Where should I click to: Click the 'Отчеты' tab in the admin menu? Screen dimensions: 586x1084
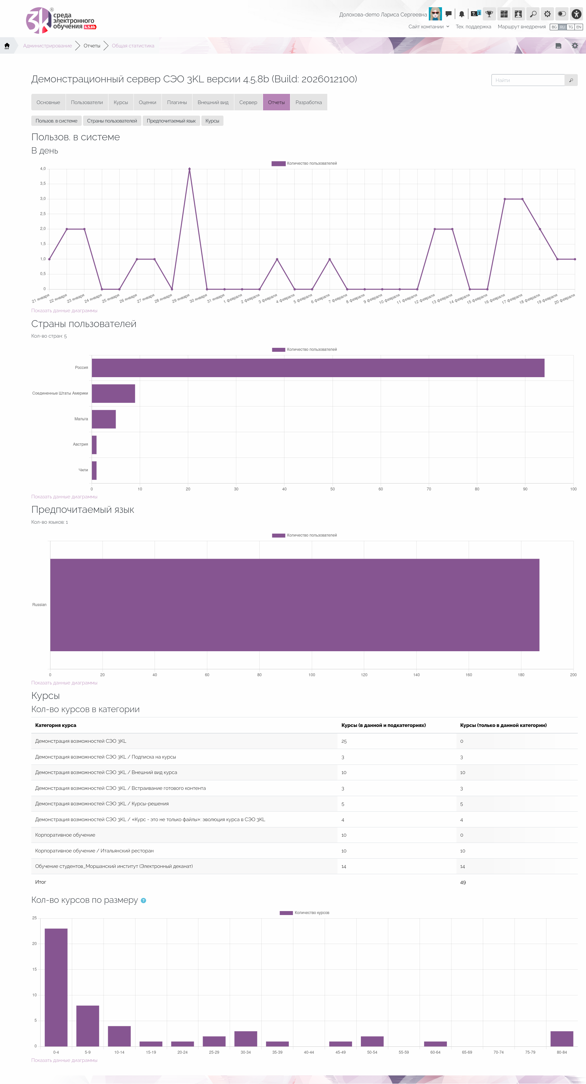point(276,102)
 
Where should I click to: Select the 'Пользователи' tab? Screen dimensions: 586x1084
point(87,102)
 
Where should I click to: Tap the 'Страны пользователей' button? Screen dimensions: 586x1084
point(112,121)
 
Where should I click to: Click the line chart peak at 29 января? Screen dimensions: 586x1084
point(190,169)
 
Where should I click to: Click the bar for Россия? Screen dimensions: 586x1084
point(318,368)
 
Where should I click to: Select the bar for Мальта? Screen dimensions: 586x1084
point(103,419)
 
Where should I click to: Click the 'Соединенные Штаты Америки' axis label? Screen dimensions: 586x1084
point(60,393)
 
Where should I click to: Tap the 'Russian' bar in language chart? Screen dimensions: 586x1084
point(295,605)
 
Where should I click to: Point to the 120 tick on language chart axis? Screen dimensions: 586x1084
point(364,675)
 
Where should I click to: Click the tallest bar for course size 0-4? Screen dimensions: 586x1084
point(56,987)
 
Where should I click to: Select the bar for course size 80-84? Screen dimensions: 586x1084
point(562,1039)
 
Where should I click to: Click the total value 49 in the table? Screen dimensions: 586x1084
point(463,882)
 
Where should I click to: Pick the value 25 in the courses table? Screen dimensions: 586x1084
point(344,741)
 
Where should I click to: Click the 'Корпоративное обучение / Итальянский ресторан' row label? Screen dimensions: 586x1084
point(94,850)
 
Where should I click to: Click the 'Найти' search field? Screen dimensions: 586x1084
point(528,80)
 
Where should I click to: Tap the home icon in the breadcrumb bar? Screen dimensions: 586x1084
point(7,46)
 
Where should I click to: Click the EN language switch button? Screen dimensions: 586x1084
point(579,27)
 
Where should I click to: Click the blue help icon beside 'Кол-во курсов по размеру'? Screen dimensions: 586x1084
point(144,901)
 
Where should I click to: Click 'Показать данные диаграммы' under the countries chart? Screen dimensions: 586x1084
point(64,497)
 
